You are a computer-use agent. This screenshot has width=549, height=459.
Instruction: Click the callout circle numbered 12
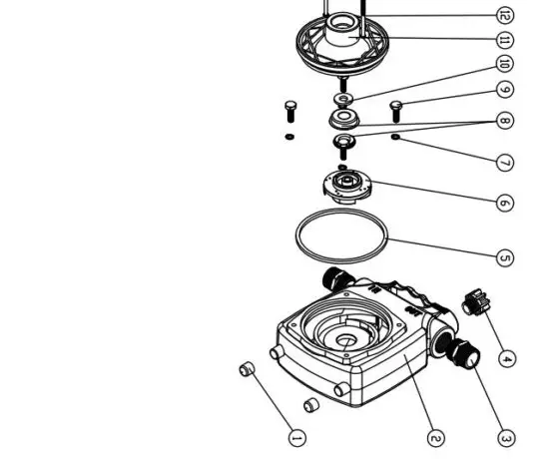(504, 15)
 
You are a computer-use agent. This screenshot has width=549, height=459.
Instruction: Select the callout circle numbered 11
(504, 41)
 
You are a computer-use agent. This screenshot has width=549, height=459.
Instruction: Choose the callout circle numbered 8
(505, 122)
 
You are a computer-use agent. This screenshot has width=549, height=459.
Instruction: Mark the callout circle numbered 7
(505, 161)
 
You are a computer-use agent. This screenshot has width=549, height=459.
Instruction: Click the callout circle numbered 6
(505, 203)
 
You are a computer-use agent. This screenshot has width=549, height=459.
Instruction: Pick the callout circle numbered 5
(505, 257)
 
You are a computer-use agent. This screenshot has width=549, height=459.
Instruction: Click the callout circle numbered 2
(435, 437)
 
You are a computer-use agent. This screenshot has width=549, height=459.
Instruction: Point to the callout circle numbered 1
(295, 436)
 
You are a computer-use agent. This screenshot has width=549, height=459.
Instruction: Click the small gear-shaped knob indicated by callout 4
(474, 301)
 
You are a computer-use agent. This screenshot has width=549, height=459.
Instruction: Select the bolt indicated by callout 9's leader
(393, 106)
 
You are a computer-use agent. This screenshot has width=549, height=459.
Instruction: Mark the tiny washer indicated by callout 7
(396, 136)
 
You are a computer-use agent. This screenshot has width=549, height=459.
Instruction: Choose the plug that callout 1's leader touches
(248, 371)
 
